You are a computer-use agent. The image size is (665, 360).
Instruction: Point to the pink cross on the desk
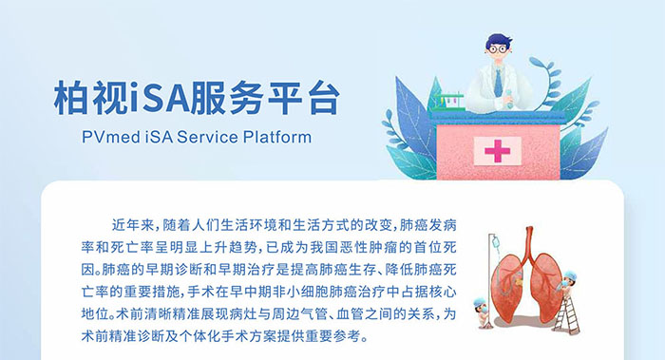tap(497, 150)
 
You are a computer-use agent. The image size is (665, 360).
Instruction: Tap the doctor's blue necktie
tap(499, 84)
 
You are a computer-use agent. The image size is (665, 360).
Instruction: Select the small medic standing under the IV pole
tap(485, 314)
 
